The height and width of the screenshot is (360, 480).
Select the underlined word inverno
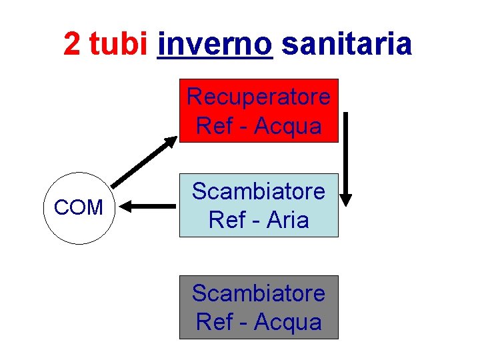[x=215, y=44]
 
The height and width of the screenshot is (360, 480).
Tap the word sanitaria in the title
[x=347, y=44]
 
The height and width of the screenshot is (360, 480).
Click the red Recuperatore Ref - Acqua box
[x=259, y=111]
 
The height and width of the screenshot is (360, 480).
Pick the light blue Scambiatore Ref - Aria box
[x=259, y=205]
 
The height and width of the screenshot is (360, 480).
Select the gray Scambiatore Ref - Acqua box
[x=259, y=307]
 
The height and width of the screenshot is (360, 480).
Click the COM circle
[x=79, y=207]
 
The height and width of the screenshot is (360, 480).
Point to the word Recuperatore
[x=259, y=97]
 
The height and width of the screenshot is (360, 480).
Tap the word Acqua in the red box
[x=288, y=125]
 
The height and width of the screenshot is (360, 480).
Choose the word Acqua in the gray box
[x=288, y=322]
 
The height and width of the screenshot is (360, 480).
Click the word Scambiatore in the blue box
[x=259, y=191]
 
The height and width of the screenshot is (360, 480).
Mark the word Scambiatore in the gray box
[x=259, y=293]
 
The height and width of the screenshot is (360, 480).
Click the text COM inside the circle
[x=79, y=207]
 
